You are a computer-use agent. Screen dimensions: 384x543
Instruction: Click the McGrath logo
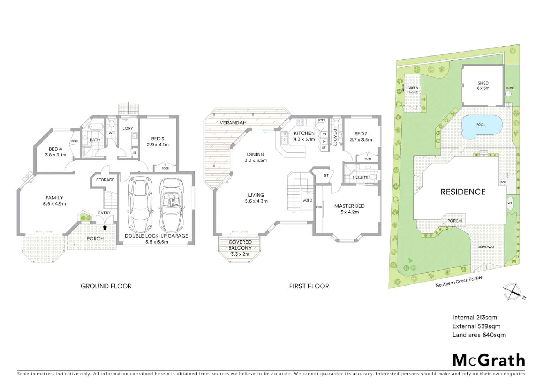coord(488,360)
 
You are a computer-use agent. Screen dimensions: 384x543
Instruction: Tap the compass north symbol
coord(512,292)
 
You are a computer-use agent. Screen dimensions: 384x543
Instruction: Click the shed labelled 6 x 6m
coord(483,86)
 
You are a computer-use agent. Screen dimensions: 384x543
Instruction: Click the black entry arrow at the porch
coord(105,227)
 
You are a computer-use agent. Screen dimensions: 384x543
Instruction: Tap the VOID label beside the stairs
coord(307,200)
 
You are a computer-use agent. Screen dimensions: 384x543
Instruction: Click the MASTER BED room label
coord(349,206)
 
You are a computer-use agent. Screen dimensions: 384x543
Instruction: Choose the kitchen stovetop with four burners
coord(300,122)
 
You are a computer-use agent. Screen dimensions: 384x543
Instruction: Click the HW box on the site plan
coord(502,182)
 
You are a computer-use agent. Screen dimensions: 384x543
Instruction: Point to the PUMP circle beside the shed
coord(509,94)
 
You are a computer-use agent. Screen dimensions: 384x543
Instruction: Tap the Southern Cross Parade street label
coord(459,281)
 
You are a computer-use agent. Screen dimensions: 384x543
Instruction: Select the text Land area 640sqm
coord(479,335)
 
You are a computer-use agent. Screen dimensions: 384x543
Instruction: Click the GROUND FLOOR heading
coord(106,286)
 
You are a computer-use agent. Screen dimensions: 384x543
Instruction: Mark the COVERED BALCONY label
coord(240,245)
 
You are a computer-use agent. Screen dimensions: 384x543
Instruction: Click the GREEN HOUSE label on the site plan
coord(413,90)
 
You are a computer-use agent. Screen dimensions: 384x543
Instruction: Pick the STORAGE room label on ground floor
coord(105,180)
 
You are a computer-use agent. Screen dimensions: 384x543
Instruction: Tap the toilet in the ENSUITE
coord(372,177)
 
